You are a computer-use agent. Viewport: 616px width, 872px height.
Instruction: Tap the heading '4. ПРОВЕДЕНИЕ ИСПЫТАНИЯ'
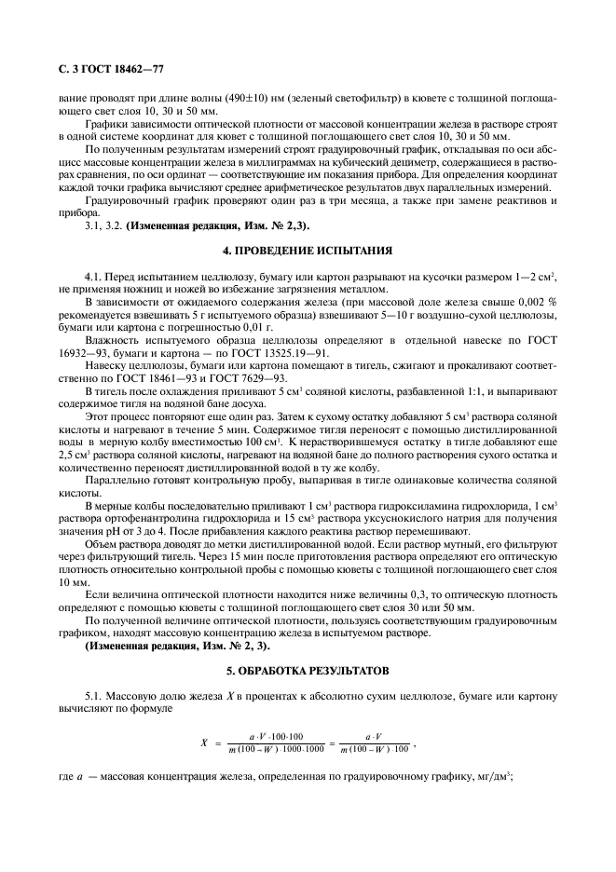click(x=308, y=251)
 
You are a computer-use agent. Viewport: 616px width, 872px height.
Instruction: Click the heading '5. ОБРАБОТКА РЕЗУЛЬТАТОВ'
click(x=308, y=672)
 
